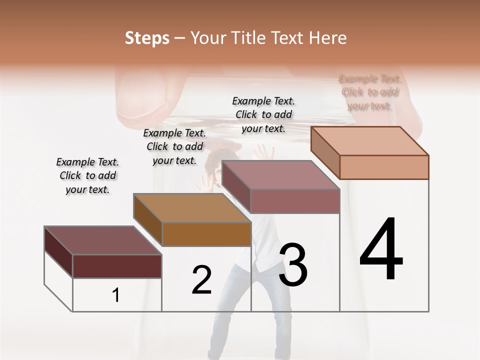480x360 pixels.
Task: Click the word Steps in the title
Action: [146, 38]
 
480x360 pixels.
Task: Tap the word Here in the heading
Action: [328, 38]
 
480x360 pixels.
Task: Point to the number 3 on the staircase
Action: [293, 264]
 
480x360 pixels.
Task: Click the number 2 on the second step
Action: [201, 280]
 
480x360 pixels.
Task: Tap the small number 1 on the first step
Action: [116, 295]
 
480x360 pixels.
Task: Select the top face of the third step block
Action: [280, 175]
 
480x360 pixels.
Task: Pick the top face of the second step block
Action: [192, 208]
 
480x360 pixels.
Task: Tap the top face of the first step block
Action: [102, 240]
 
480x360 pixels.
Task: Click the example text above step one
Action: [87, 175]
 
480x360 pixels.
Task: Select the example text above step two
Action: [174, 146]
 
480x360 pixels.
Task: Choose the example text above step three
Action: [263, 114]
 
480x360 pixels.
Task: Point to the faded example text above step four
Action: [369, 92]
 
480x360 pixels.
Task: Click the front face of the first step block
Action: [117, 266]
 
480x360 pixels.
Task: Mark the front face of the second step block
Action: [206, 234]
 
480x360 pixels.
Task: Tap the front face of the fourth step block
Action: [384, 167]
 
